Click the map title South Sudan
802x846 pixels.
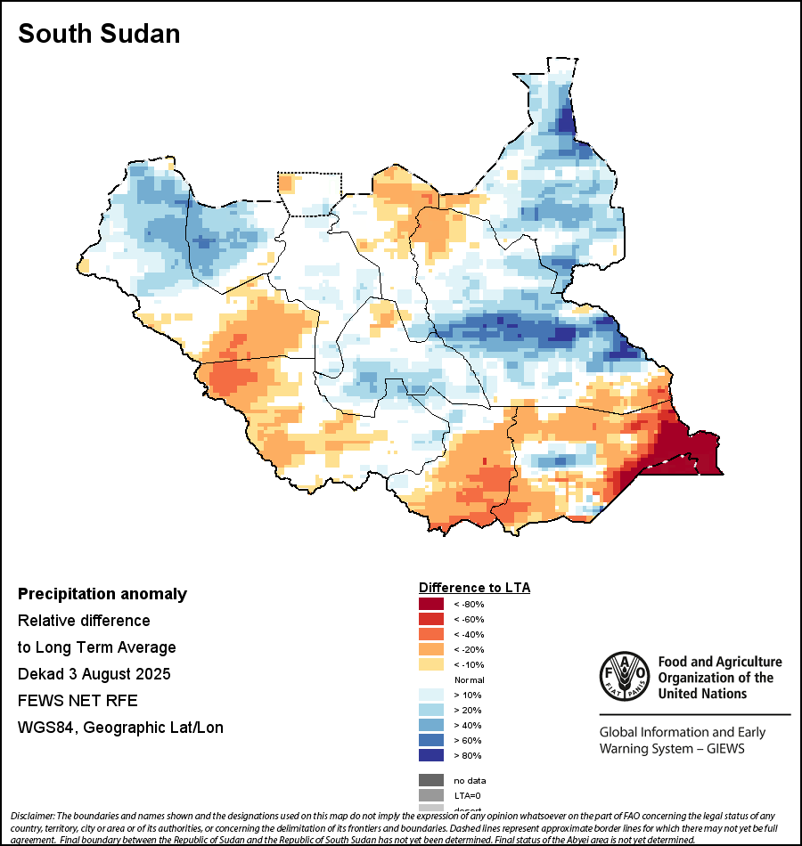point(99,34)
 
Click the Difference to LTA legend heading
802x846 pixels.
point(474,588)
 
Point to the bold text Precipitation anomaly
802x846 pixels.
point(102,594)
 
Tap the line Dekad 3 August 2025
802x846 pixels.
point(94,673)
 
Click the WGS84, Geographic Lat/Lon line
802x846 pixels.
point(120,728)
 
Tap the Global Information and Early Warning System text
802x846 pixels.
point(683,741)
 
